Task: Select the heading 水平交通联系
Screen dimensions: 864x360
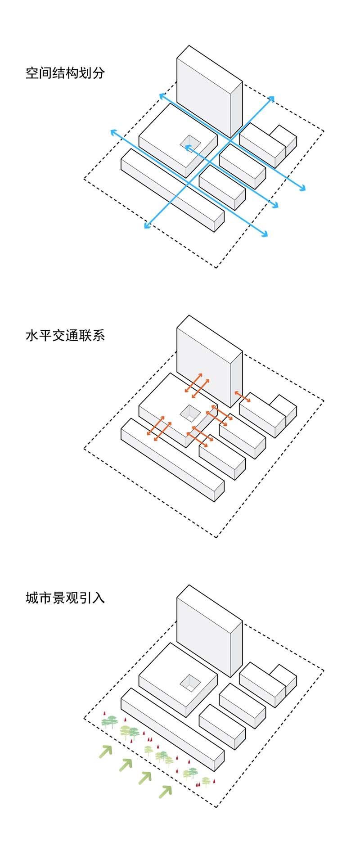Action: [x=65, y=336]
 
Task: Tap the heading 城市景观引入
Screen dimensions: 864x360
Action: [x=65, y=598]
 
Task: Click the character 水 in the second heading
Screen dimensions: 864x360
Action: [x=32, y=336]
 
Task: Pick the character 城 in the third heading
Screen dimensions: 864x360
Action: [x=32, y=598]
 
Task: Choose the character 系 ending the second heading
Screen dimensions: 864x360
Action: [x=98, y=336]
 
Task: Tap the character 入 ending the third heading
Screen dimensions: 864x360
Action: [x=98, y=598]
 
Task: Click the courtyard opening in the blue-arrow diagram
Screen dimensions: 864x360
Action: [x=190, y=142]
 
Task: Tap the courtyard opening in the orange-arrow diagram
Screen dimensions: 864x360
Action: [x=190, y=412]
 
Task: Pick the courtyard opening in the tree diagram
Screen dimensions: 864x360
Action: [x=190, y=682]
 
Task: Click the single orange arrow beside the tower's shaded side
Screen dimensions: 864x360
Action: [x=243, y=398]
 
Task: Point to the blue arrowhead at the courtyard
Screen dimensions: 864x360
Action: [x=188, y=147]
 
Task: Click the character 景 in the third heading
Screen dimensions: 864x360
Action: [x=58, y=598]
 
